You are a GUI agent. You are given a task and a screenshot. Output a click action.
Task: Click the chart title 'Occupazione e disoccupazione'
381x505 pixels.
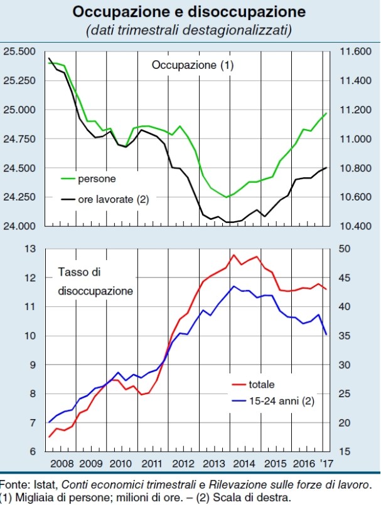click(x=189, y=12)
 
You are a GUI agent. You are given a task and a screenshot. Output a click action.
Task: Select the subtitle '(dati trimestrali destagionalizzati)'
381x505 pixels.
click(x=189, y=30)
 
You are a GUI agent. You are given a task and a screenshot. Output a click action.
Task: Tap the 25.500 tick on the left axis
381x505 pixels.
click(x=19, y=51)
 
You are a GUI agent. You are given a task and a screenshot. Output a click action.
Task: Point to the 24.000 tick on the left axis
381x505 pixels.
click(x=19, y=226)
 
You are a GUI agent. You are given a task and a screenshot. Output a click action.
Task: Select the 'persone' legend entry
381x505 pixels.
click(x=96, y=179)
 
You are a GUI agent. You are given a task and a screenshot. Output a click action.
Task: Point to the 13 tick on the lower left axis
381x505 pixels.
click(x=29, y=249)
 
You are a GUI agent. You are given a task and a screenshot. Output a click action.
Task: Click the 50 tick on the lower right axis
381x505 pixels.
click(x=346, y=249)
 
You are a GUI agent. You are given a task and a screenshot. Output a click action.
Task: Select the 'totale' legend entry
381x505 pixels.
click(x=262, y=384)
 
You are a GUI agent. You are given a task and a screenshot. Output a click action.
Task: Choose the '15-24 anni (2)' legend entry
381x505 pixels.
click(x=281, y=401)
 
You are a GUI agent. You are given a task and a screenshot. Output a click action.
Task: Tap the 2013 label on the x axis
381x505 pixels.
click(x=215, y=464)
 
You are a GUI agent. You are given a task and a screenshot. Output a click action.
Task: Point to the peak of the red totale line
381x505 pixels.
click(x=233, y=254)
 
